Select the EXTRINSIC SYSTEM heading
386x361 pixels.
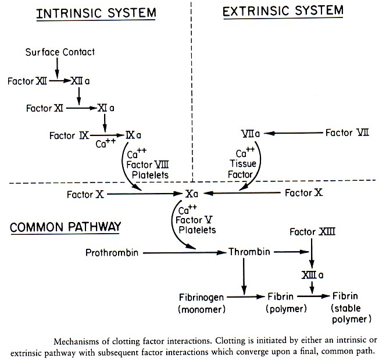(283, 10)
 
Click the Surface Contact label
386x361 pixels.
(60, 52)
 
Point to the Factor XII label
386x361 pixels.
(26, 81)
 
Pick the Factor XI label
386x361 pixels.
(45, 108)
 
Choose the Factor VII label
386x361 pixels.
(347, 133)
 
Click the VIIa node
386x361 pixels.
(249, 134)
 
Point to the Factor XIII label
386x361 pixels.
(313, 231)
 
